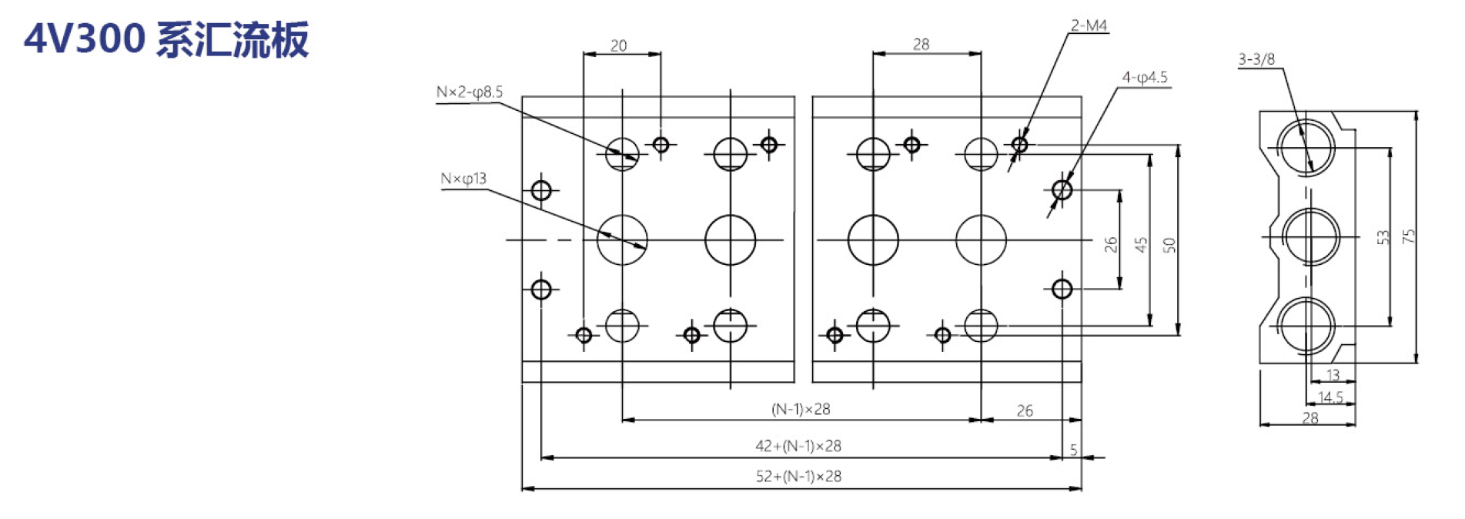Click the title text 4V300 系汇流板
(166, 39)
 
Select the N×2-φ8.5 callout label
(470, 92)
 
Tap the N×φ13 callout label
(463, 179)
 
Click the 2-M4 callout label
(1089, 25)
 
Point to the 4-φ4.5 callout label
(1145, 77)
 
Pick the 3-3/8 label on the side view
(1256, 59)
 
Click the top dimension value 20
(619, 46)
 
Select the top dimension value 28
(921, 45)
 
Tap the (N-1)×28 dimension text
(801, 409)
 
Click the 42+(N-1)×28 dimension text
(798, 446)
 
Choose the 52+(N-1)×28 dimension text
(798, 477)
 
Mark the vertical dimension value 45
(1141, 245)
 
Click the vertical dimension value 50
(1169, 245)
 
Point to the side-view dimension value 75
(1409, 236)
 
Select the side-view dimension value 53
(1383, 237)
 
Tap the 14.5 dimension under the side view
(1330, 397)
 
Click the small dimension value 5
(1073, 450)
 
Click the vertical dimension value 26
(1110, 245)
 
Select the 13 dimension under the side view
(1333, 375)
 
